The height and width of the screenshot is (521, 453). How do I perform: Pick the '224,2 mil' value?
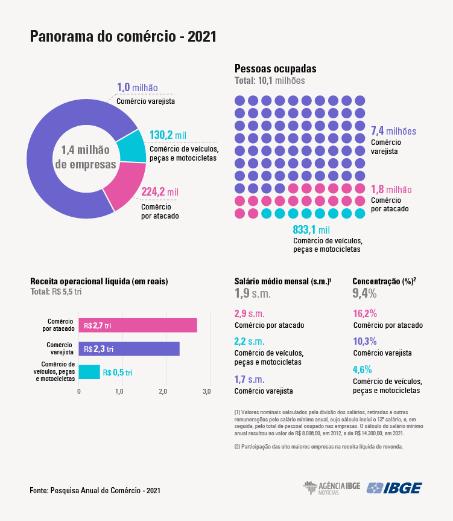(x=160, y=193)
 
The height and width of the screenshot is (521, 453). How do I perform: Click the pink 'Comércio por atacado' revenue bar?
(x=138, y=325)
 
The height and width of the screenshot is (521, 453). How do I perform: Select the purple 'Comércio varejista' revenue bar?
(x=129, y=349)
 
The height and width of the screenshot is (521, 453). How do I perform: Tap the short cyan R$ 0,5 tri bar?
(x=89, y=372)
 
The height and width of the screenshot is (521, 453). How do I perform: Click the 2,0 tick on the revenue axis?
(x=164, y=392)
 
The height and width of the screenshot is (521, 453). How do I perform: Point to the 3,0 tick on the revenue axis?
(x=207, y=392)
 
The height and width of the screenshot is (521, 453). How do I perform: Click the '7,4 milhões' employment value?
(x=393, y=131)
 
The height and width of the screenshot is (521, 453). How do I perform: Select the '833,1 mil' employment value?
(x=311, y=230)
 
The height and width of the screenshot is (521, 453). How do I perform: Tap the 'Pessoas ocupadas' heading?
(x=275, y=69)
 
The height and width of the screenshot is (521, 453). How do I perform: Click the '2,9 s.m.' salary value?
(x=249, y=314)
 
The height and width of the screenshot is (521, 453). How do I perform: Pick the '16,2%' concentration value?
(x=364, y=314)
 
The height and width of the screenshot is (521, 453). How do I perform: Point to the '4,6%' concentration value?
(x=362, y=369)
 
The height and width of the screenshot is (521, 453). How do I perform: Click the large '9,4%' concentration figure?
(x=364, y=294)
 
